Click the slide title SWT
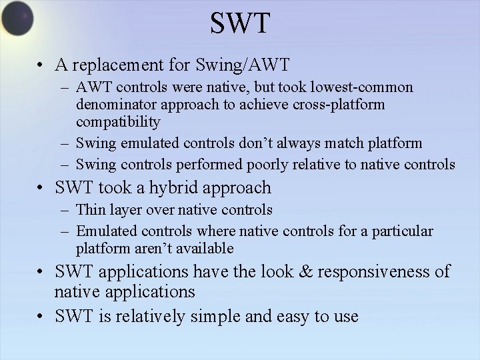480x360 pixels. coord(240,23)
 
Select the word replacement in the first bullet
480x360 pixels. coord(115,65)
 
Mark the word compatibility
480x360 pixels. coord(118,122)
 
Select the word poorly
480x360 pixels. coord(267,164)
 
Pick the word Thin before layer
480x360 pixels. coord(90,210)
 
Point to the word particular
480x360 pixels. coord(402,231)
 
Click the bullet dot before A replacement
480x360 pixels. coord(41,65)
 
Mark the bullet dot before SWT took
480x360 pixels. coord(41,188)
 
